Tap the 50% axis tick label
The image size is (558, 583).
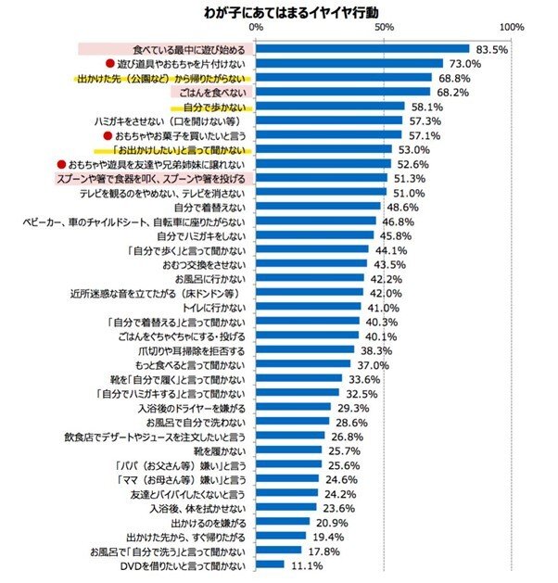tap(383, 31)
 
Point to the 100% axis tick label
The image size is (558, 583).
tap(512, 31)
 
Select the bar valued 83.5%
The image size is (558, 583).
tap(362, 49)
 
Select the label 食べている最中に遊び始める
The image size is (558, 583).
tap(188, 49)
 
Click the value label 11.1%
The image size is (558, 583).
tap(306, 564)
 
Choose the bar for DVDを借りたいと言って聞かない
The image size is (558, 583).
tap(270, 564)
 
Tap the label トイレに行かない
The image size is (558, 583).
tap(217, 307)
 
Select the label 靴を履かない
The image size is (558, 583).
tap(219, 450)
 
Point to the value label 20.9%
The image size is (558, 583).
tap(330, 522)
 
